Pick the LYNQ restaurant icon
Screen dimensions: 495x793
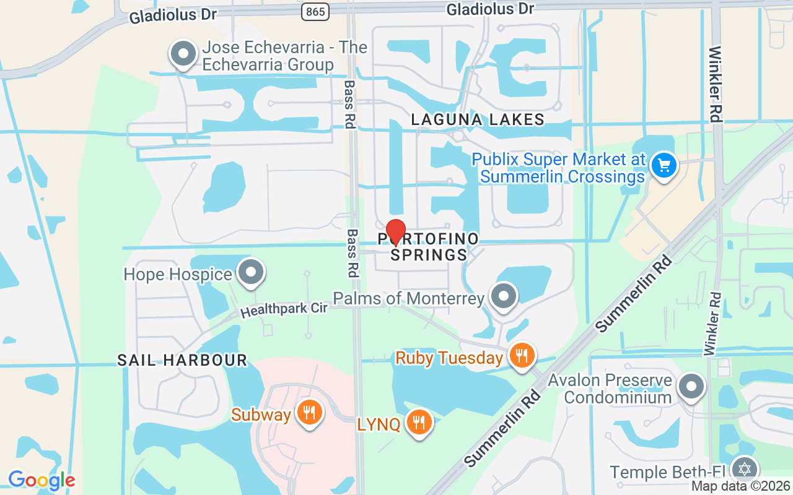419,423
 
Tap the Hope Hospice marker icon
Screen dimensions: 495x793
251,272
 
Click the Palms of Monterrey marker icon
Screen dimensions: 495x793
504,296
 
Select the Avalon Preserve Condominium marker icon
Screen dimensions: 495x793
691,387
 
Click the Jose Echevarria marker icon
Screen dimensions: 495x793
183,54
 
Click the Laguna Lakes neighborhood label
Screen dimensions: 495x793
478,119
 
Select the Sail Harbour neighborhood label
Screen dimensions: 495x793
182,360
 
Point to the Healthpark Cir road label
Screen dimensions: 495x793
284,309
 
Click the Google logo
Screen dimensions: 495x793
42,480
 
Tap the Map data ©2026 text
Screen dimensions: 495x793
740,486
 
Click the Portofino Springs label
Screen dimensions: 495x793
429,247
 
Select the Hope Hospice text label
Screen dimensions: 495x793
178,274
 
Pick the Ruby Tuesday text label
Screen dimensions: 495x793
449,358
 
